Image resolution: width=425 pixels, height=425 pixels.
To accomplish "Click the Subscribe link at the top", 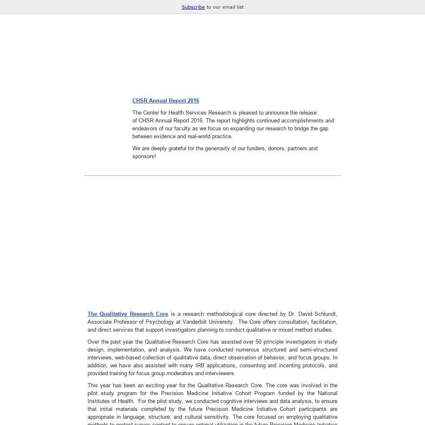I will click(193, 7).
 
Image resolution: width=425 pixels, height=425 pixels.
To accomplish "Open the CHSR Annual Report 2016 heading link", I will click(166, 101).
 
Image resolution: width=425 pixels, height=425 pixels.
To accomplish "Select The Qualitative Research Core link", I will click(128, 314).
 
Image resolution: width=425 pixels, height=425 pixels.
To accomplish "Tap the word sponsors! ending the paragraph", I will click(144, 156).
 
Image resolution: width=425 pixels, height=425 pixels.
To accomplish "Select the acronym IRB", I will click(200, 366).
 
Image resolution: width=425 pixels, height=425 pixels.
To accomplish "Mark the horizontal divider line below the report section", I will click(212, 176).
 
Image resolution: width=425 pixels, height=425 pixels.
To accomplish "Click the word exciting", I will click(153, 386).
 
